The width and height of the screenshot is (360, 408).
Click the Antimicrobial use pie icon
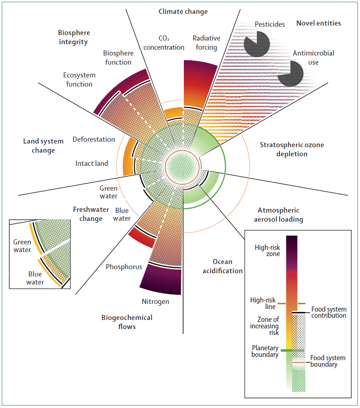tap(290, 73)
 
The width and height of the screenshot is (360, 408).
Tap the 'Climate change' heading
tap(183, 12)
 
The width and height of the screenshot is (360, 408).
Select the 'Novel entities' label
tap(318, 23)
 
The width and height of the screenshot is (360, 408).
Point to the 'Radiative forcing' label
tap(206, 43)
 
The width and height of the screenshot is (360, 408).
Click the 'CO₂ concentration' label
tap(164, 43)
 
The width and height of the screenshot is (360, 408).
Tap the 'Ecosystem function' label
tap(79, 80)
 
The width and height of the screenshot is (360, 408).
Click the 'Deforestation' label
tap(94, 140)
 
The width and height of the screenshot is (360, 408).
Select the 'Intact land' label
tap(92, 163)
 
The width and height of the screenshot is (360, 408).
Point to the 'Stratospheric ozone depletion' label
tap(292, 149)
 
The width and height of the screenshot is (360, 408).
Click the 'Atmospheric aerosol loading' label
tap(280, 215)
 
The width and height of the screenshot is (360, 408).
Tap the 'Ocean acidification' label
tap(223, 266)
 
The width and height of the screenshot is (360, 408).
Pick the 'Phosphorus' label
tap(124, 267)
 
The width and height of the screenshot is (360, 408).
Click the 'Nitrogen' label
tap(155, 302)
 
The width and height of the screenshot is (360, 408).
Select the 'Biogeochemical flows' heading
tap(127, 322)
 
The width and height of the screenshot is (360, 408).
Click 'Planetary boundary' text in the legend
tap(265, 351)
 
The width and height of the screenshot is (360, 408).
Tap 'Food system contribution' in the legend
tap(329, 313)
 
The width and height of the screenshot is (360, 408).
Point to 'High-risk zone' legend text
tap(267, 251)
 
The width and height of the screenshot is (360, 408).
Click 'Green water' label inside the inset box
tap(22, 246)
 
